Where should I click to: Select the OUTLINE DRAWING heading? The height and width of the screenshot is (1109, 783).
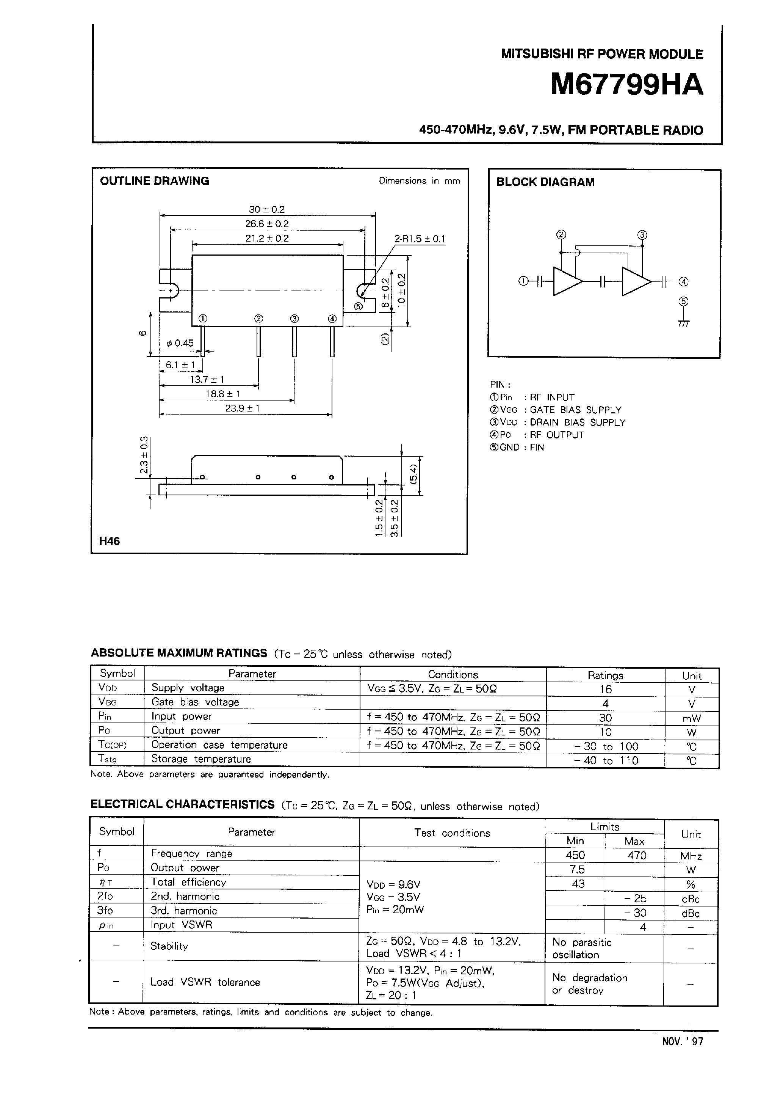point(155,181)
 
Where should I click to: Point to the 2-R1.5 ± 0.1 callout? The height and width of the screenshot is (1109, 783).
point(420,239)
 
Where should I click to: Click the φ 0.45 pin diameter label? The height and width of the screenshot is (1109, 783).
point(180,343)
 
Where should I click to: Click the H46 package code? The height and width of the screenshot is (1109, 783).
point(110,541)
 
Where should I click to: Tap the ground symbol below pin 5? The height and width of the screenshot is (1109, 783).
point(684,323)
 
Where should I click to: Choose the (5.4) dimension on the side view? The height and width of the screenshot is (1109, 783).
point(413,476)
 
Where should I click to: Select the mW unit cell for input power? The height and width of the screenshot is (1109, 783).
point(691,718)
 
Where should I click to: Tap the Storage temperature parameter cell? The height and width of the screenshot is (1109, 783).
point(201,759)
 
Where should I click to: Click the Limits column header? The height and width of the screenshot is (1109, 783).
point(605,826)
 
